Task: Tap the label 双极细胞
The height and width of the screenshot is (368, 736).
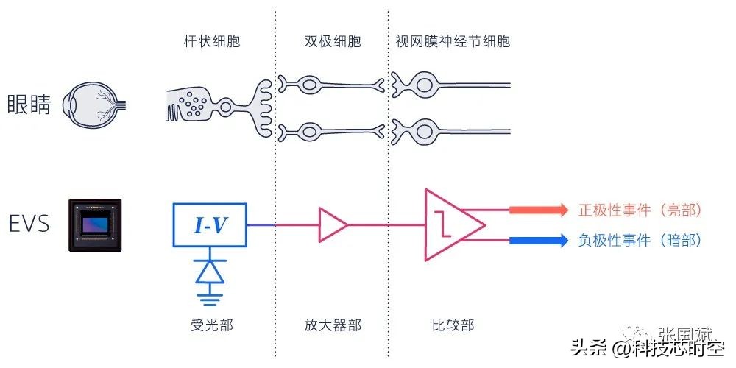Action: point(333,41)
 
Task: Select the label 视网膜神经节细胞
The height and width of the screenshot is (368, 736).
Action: point(452,41)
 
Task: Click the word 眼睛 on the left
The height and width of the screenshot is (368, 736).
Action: point(29,105)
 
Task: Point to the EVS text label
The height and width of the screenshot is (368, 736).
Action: point(29,224)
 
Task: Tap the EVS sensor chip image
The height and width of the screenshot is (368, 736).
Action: point(95,225)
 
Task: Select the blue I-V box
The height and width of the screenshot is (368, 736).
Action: point(210,225)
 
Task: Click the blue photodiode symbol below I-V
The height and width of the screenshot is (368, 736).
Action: point(210,272)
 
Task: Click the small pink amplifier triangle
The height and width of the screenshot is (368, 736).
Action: point(332,225)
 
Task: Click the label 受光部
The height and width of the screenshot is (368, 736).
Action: point(210,325)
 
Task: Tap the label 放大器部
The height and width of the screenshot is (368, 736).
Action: point(333,325)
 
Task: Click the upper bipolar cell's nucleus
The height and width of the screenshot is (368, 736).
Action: point(313,85)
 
